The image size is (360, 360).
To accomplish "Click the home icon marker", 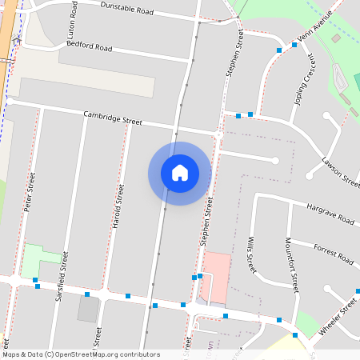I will [x=179, y=173].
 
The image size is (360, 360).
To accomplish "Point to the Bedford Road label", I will [x=90, y=47].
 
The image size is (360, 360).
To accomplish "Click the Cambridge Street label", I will [x=113, y=118].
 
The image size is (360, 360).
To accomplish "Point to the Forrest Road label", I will [x=333, y=254].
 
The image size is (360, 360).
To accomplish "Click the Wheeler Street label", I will [x=337, y=315].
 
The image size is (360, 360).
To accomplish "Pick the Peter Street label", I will [x=29, y=192].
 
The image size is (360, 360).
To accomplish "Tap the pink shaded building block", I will [x=215, y=275].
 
